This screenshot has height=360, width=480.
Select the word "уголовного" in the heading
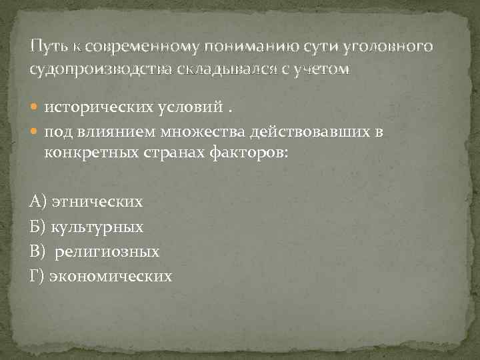[x=396, y=47]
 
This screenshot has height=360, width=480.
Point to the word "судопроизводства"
[x=97, y=69]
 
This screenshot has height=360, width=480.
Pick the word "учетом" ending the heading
[x=325, y=69]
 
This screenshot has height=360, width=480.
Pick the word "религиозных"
[x=107, y=251]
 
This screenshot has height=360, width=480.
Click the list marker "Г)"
[x=37, y=276]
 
